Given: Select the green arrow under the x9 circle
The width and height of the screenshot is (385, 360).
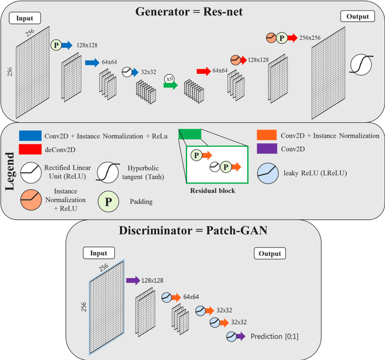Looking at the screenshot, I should (170, 85).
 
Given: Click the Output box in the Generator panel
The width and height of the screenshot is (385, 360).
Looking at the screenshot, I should (357, 16).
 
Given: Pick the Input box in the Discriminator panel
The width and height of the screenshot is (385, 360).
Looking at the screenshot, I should (99, 253).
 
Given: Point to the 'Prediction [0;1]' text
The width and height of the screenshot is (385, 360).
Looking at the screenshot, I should (277, 338).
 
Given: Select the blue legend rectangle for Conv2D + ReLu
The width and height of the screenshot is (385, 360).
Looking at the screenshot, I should (39, 135).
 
